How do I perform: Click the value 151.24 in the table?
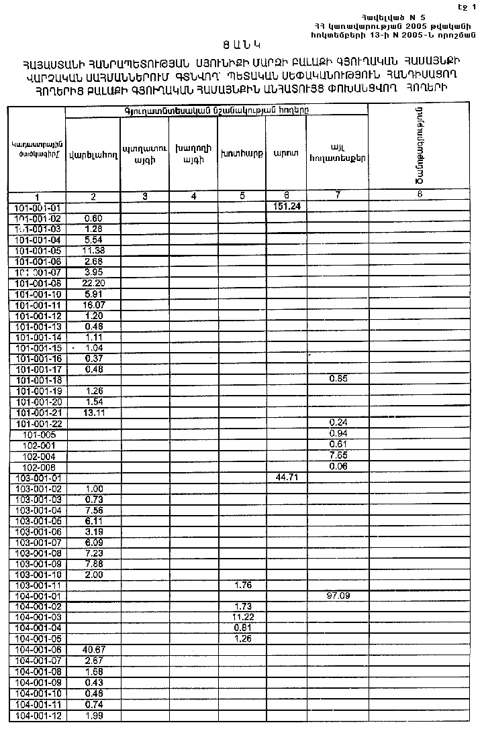[x=287, y=207]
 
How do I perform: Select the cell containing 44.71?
[x=287, y=477]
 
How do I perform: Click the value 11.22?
[x=241, y=617]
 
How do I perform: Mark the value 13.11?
[x=93, y=412]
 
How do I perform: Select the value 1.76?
[x=241, y=585]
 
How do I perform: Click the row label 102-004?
[x=38, y=455]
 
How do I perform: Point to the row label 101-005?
[x=38, y=434]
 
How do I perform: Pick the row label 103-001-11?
[x=38, y=585]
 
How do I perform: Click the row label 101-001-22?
[x=38, y=422]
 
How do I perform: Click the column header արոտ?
[x=281, y=154]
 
